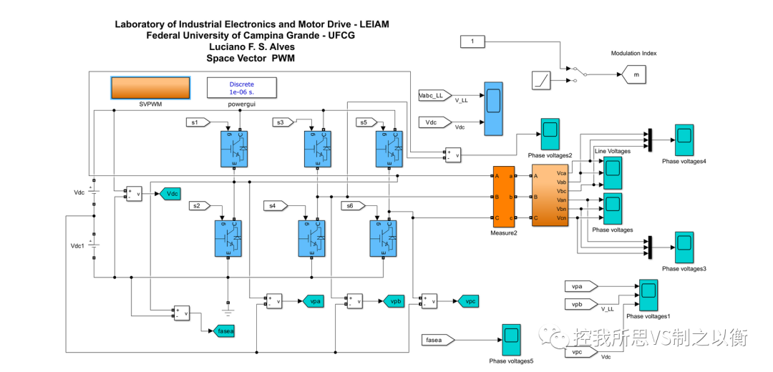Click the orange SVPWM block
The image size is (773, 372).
[x=150, y=87]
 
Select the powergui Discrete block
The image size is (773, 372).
[x=242, y=87]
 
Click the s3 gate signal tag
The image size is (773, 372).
[x=285, y=122]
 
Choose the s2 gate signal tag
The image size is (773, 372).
[x=200, y=206]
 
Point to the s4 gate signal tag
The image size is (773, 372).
[x=275, y=206]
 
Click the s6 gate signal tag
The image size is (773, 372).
[x=353, y=206]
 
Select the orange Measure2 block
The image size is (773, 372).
[x=503, y=196]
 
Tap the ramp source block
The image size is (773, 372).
[x=542, y=81]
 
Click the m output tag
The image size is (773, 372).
[x=635, y=73]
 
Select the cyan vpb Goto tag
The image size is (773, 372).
[x=393, y=301]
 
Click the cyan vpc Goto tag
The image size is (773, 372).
[x=468, y=301]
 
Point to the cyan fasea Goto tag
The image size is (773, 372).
[x=225, y=331]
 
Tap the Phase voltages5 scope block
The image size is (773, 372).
[x=510, y=340]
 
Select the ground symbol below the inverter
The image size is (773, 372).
[x=228, y=311]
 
